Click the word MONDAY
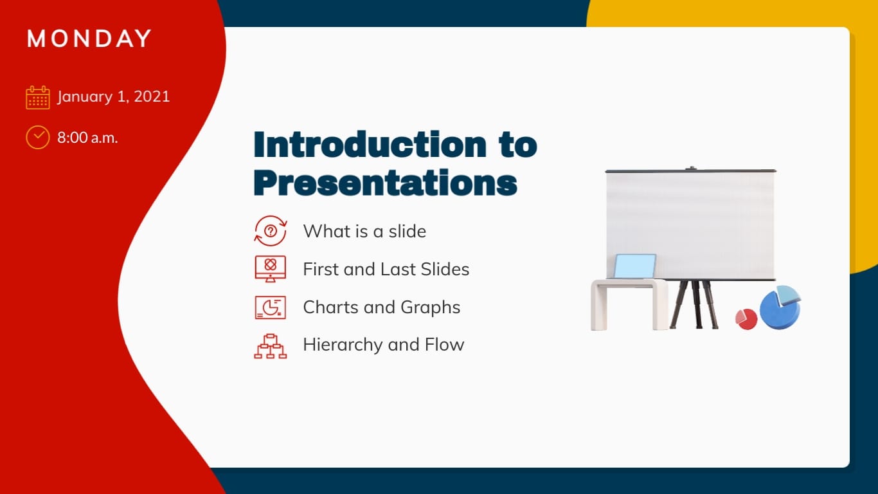[x=89, y=39]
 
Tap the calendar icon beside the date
[x=38, y=98]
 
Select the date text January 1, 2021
[x=114, y=97]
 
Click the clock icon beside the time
[x=38, y=137]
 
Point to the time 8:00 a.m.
[x=87, y=137]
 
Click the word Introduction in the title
[x=370, y=145]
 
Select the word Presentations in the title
[x=386, y=183]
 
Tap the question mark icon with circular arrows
[x=271, y=231]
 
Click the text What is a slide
[x=364, y=231]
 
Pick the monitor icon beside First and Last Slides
[x=271, y=268]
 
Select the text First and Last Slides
[x=386, y=269]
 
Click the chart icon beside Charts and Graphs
[x=271, y=307]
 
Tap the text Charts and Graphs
[x=382, y=307]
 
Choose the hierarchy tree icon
[x=271, y=345]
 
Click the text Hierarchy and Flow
[x=384, y=345]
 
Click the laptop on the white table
[x=634, y=266]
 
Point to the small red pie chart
[x=746, y=319]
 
